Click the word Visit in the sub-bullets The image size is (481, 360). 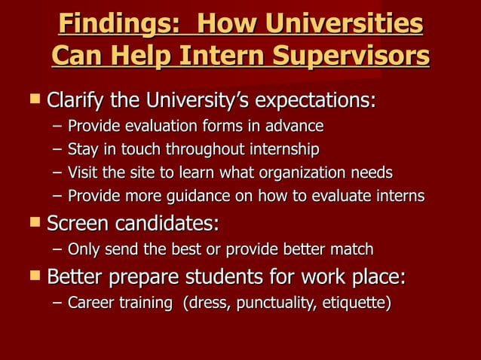pos(82,173)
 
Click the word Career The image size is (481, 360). pos(89,304)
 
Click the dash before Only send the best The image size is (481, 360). pos(57,249)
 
